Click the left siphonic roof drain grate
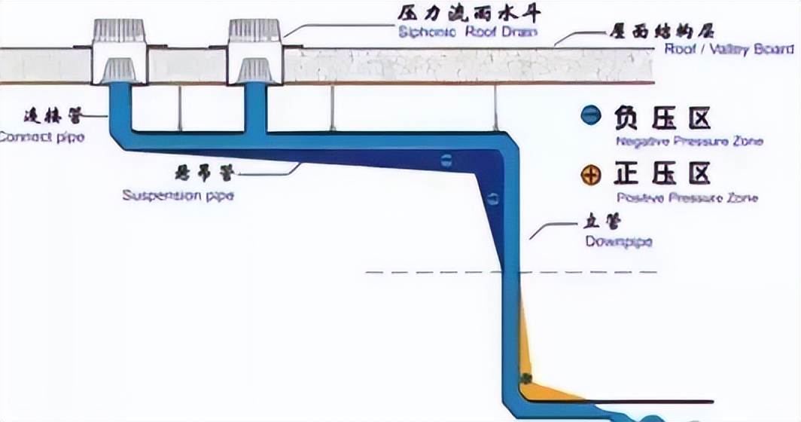point(119,32)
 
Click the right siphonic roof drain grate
point(254,31)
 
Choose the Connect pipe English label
point(41,137)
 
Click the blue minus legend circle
point(592,117)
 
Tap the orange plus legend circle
point(592,176)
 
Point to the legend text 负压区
point(662,118)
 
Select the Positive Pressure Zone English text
point(687,198)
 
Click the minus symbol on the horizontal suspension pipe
point(446,160)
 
